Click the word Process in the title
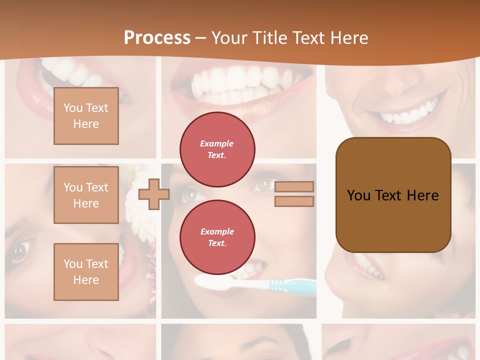157,38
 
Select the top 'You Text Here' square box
86,116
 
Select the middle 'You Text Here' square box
86,195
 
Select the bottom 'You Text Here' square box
86,271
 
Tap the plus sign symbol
153,194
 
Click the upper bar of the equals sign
294,186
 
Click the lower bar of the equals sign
294,201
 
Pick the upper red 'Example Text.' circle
217,149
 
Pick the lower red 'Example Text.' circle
217,237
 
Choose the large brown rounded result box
393,195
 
